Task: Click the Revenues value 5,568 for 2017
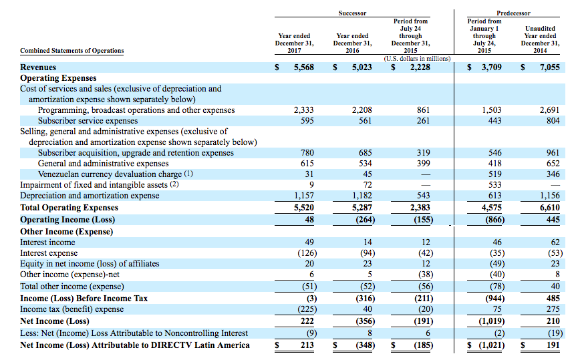point(304,67)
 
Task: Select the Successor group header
point(352,13)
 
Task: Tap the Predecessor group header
point(513,13)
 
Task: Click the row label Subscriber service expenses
point(88,121)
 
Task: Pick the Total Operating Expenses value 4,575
point(492,208)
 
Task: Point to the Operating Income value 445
point(553,220)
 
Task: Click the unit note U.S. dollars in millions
point(417,59)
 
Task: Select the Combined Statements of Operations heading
point(72,51)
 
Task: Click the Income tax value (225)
point(307,309)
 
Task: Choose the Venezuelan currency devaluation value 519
point(495,174)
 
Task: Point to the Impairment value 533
point(495,185)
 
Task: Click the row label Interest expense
point(49,253)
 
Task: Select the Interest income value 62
point(555,242)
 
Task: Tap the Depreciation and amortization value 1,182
point(362,196)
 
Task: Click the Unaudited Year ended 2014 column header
point(540,39)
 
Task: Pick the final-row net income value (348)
point(365,345)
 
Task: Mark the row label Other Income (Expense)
point(67,232)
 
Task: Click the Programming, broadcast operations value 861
point(423,110)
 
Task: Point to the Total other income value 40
point(555,287)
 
